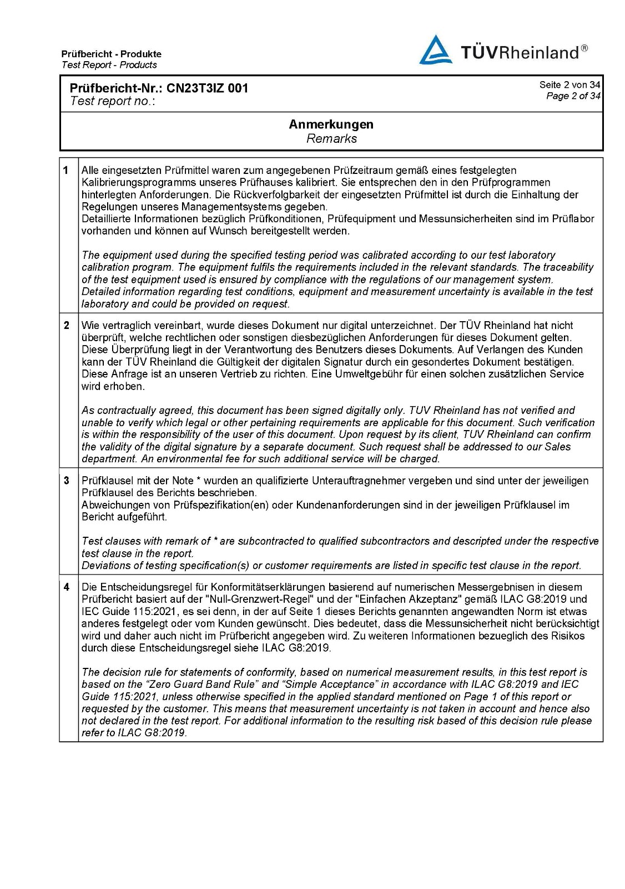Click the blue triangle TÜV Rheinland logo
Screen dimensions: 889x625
[x=436, y=50]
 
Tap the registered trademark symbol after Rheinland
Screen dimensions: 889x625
[x=584, y=48]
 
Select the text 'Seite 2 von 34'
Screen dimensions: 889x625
[x=569, y=84]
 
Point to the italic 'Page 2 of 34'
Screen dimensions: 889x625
[x=573, y=96]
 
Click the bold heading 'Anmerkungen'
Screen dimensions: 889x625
[x=331, y=124]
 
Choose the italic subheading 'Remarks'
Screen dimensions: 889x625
[x=331, y=139]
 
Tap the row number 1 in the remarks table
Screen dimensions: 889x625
[x=66, y=171]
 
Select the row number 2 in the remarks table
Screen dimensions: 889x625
[x=67, y=326]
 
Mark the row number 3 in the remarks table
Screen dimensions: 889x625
[x=67, y=481]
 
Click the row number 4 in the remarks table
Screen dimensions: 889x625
[x=67, y=587]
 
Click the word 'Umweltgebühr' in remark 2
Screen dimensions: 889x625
[x=367, y=374]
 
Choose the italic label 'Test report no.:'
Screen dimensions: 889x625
[x=113, y=101]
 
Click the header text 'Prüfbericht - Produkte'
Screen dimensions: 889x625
[x=112, y=54]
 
